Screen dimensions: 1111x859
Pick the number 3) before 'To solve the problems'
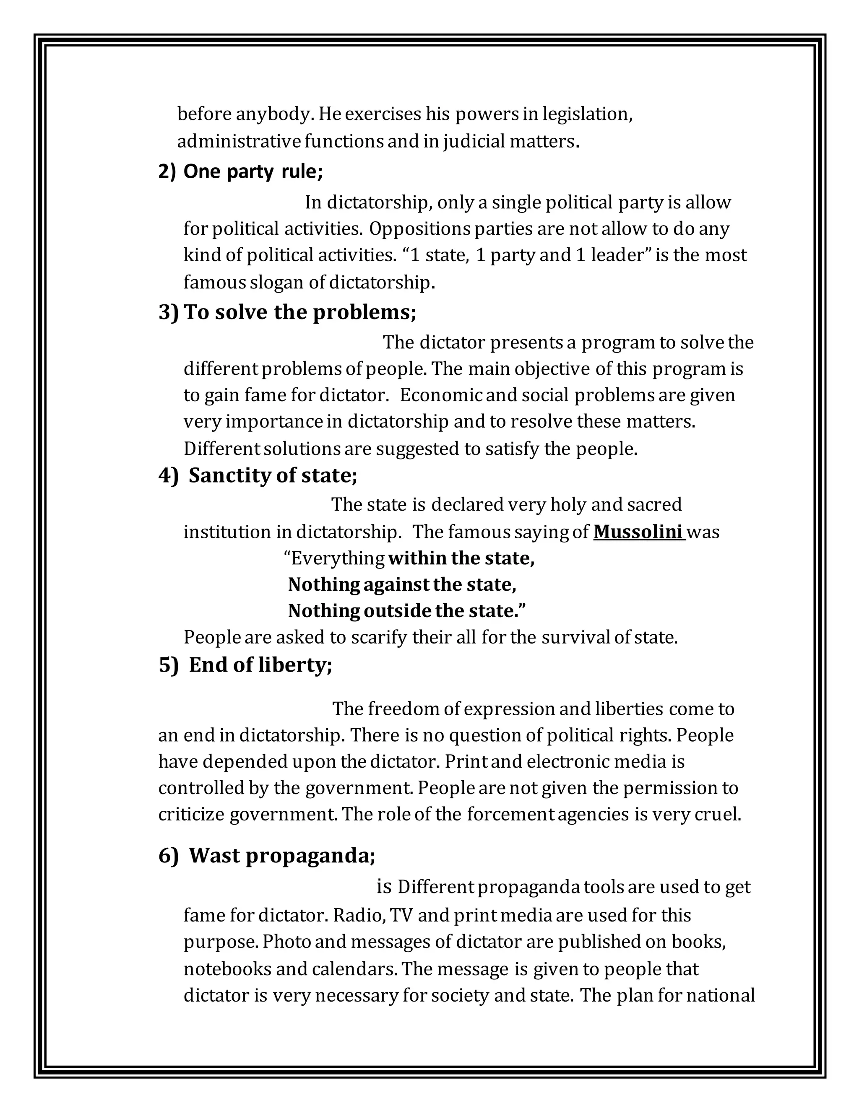point(169,312)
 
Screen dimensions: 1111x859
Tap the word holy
point(568,505)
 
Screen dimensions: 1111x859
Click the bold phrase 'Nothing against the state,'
point(402,584)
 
